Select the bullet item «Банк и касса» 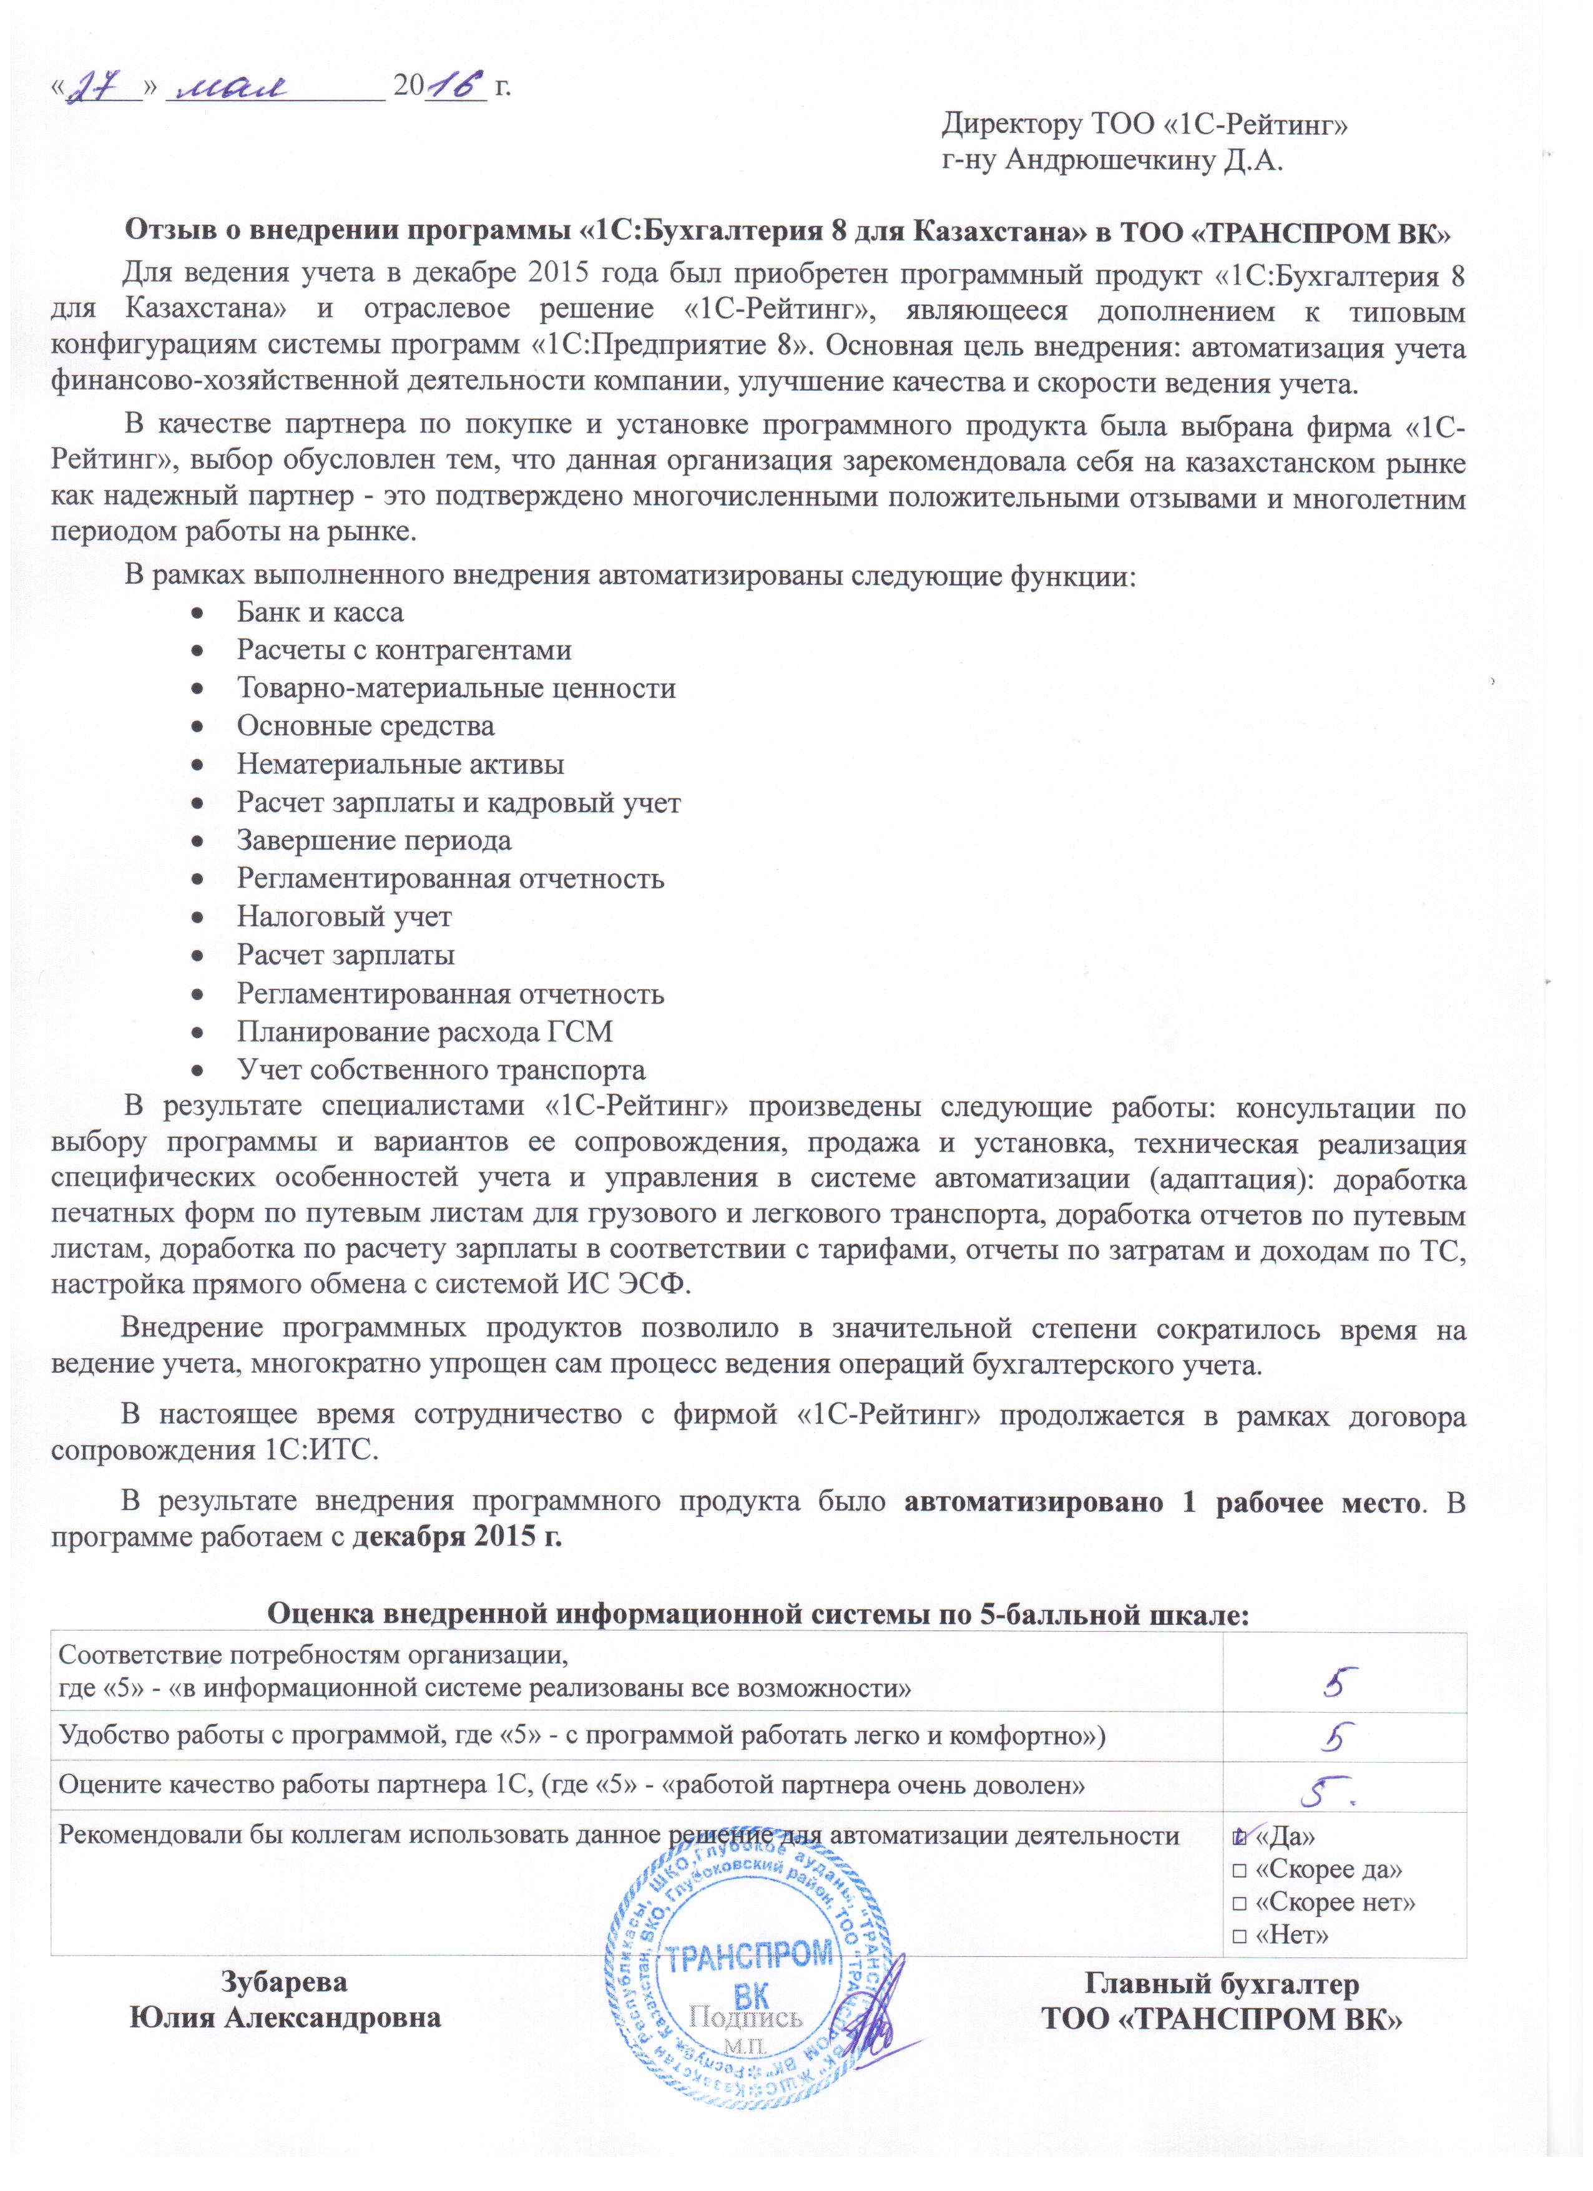coord(320,612)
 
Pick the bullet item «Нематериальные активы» coord(400,764)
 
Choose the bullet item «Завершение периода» coord(374,840)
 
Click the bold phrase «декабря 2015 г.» coord(456,1537)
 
